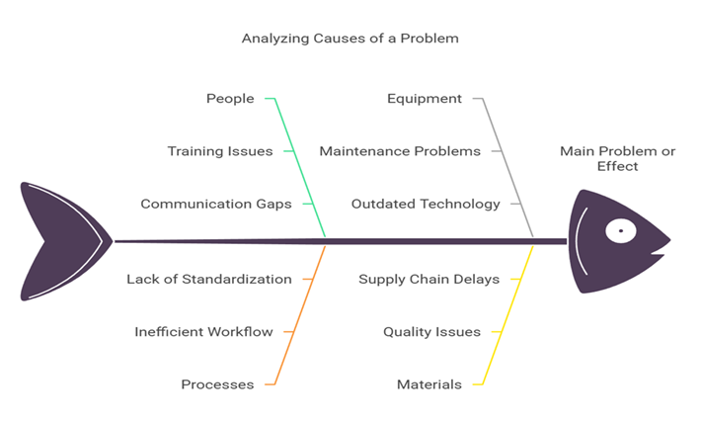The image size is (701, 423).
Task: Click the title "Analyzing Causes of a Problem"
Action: point(350,39)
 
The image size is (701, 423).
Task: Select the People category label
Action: point(230,99)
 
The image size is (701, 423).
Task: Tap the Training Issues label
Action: point(220,151)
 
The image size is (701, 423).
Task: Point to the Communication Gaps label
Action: point(216,205)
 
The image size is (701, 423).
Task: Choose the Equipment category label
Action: point(425,99)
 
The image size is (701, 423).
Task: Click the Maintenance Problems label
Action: point(400,151)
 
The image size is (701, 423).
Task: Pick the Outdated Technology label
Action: point(426,205)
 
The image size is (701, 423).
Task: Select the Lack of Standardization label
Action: point(209,280)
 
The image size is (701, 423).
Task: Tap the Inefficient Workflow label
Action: point(203,332)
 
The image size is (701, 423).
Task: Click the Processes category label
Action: point(217,384)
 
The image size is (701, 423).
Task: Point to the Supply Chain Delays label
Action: point(428,280)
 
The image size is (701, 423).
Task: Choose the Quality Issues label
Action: point(431,332)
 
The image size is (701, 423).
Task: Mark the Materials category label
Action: point(429,384)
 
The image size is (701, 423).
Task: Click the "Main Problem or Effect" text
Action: point(617,158)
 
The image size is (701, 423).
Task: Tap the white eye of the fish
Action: point(620,231)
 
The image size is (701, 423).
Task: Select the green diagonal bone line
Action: point(299,167)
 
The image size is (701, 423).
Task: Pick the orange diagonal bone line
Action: point(299,315)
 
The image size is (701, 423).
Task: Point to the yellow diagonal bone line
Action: point(507,315)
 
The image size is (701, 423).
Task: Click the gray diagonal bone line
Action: point(507,167)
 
